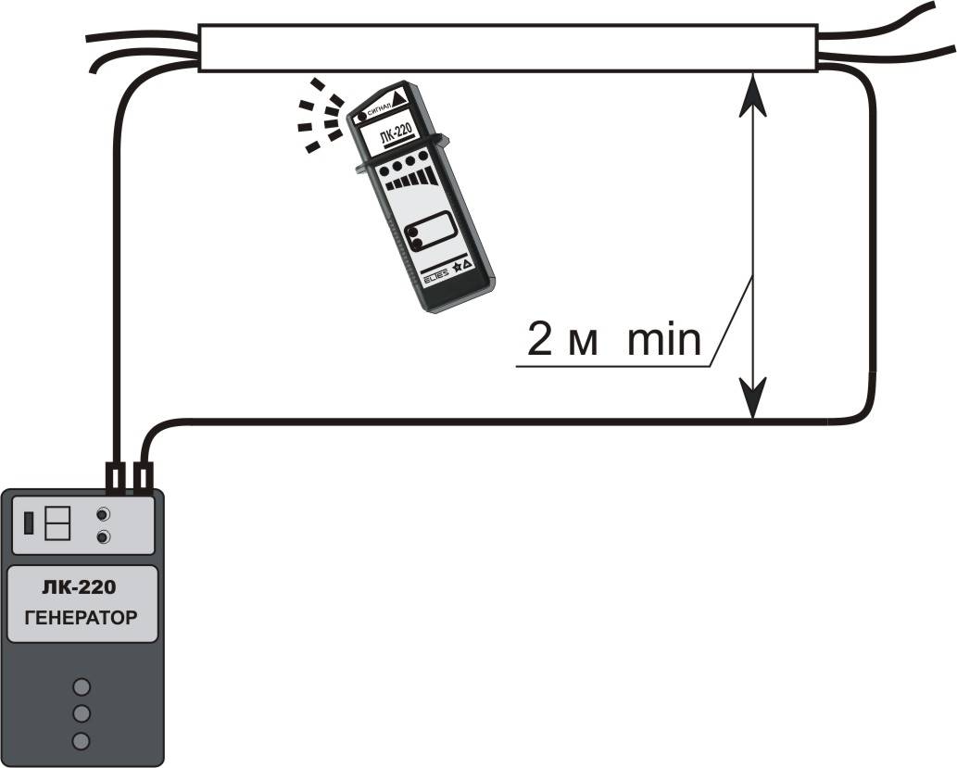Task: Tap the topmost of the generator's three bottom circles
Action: [82, 686]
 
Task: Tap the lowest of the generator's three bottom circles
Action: [82, 740]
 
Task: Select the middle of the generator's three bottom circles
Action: [82, 713]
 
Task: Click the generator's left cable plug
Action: [115, 477]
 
